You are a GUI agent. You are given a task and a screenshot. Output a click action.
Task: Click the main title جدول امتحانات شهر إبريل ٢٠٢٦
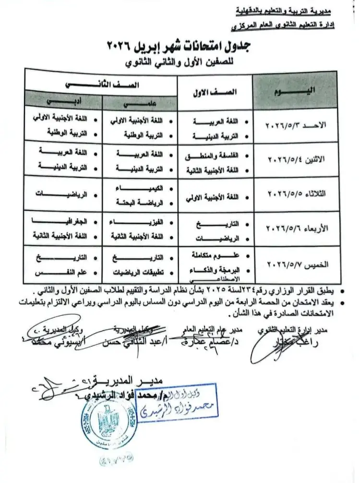[180, 47]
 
